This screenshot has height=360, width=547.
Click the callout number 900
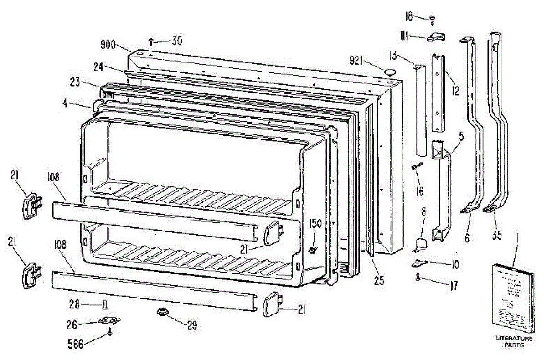click(x=108, y=46)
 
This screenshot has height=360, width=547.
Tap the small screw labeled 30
click(x=151, y=42)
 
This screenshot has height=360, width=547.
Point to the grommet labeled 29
click(x=162, y=313)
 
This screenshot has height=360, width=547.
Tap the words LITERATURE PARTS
click(x=514, y=342)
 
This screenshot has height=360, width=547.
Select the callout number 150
click(x=315, y=223)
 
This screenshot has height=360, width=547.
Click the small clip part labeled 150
click(x=312, y=250)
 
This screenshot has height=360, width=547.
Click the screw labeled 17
click(x=418, y=277)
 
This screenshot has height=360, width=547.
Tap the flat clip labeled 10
click(x=419, y=263)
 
